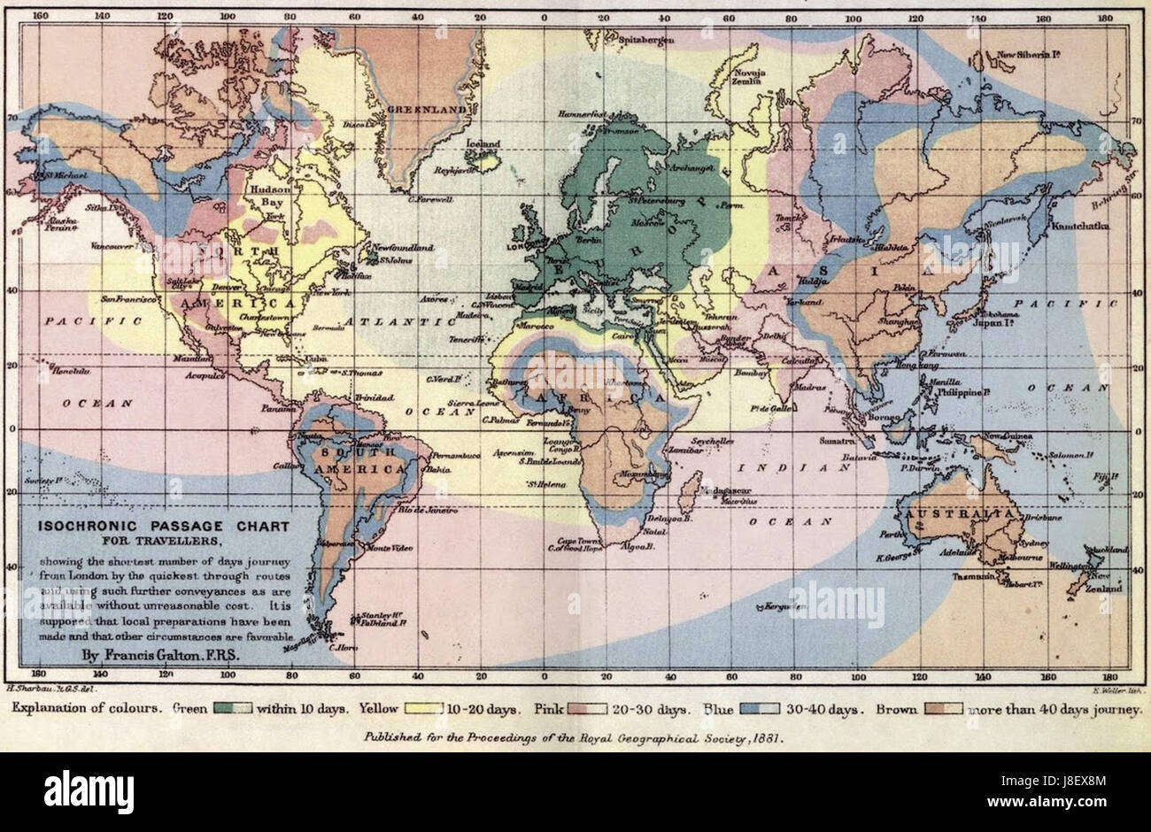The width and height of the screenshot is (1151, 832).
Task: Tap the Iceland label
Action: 484,143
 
